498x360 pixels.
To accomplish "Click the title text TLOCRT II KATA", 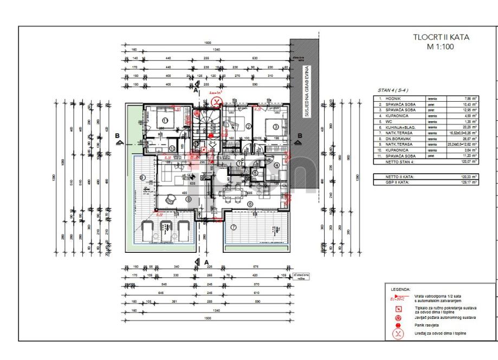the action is pos(441,37).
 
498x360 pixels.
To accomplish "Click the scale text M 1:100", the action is pos(441,47).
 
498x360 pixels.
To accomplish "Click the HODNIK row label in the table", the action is pos(392,99).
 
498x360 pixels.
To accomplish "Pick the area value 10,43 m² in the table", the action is pos(469,104).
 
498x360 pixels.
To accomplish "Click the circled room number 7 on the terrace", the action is pos(234,227).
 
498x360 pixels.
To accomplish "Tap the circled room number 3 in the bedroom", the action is pos(275,127).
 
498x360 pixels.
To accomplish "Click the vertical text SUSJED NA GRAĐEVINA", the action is pos(306,92).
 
